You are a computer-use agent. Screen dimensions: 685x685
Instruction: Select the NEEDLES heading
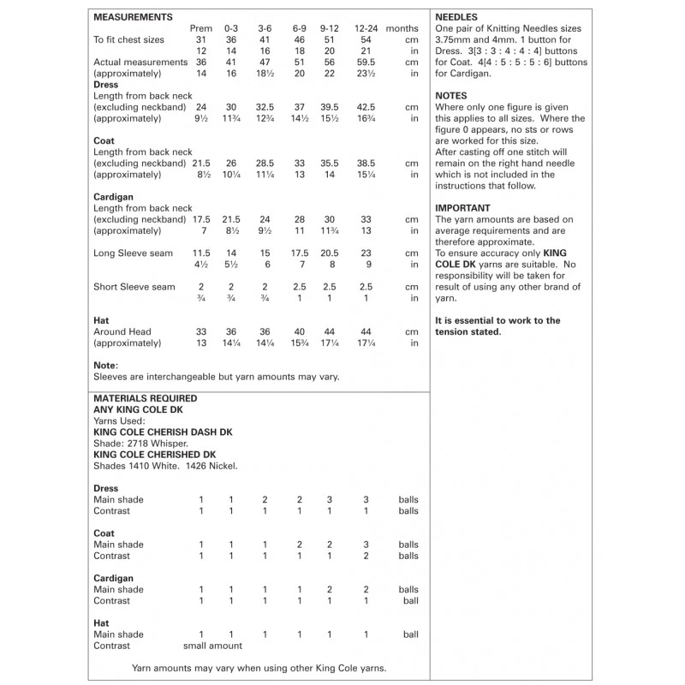[x=458, y=17]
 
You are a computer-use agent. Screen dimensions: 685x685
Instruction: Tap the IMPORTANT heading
[x=462, y=208]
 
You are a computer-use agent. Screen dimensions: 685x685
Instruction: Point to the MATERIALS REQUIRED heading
[x=145, y=398]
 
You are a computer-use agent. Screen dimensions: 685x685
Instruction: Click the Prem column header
[x=201, y=28]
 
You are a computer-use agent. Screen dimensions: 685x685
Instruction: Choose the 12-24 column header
[x=366, y=28]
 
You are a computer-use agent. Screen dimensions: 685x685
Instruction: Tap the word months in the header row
[x=402, y=28]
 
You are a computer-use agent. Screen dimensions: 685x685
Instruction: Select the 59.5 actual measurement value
[x=366, y=63]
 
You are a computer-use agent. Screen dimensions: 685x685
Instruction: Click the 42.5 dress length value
[x=366, y=107]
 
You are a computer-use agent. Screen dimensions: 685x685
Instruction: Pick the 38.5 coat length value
[x=366, y=163]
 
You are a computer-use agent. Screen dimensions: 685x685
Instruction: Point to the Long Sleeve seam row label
[x=133, y=253]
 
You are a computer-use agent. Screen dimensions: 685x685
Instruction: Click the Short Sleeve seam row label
[x=134, y=287]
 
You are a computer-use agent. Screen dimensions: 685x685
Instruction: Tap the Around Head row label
[x=122, y=331]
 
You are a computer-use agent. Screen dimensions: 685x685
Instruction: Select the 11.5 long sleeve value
[x=201, y=253]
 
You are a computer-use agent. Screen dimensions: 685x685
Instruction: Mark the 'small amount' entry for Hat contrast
[x=213, y=646]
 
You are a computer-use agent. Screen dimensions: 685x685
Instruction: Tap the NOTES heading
[x=451, y=96]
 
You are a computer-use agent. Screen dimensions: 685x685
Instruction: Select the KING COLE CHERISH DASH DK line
[x=162, y=432]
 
